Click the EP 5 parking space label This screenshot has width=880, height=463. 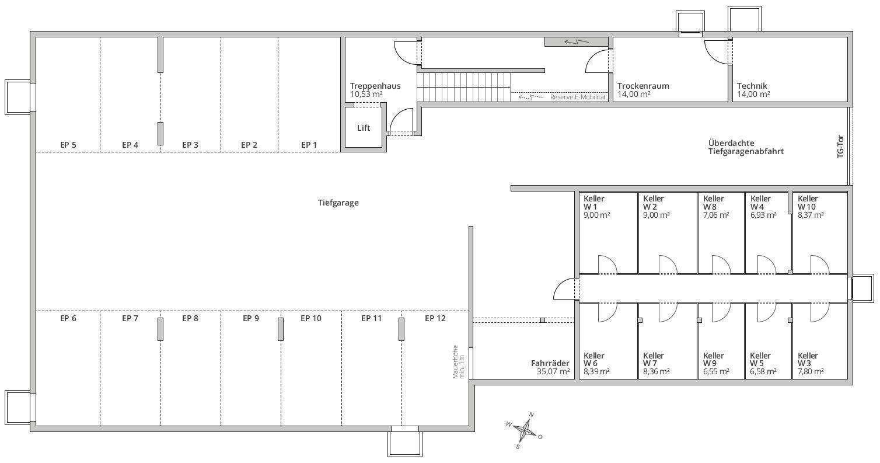pos(68,145)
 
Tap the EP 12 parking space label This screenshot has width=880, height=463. pos(435,318)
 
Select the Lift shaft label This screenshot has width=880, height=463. pos(364,128)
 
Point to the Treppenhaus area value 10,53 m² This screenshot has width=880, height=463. pos(366,95)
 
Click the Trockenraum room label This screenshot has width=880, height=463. pos(643,86)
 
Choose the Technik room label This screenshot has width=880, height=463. pos(752,86)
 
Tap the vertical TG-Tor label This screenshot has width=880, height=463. pos(840,147)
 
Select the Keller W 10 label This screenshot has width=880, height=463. pos(807,203)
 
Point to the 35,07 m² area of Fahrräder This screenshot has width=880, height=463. pos(553,371)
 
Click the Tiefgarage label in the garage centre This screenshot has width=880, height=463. pos(338,203)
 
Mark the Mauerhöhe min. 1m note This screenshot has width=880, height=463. pos(459,361)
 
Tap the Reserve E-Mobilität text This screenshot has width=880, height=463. pos(578,97)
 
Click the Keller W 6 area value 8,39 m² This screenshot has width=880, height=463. pos(596,371)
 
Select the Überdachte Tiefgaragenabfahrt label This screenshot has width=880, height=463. pos(746,147)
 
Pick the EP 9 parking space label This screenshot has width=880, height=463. pos(251,318)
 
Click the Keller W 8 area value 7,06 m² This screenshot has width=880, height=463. pos(716,215)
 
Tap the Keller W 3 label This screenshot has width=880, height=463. pos(808,359)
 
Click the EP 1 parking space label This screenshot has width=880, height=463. pos(309,145)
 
